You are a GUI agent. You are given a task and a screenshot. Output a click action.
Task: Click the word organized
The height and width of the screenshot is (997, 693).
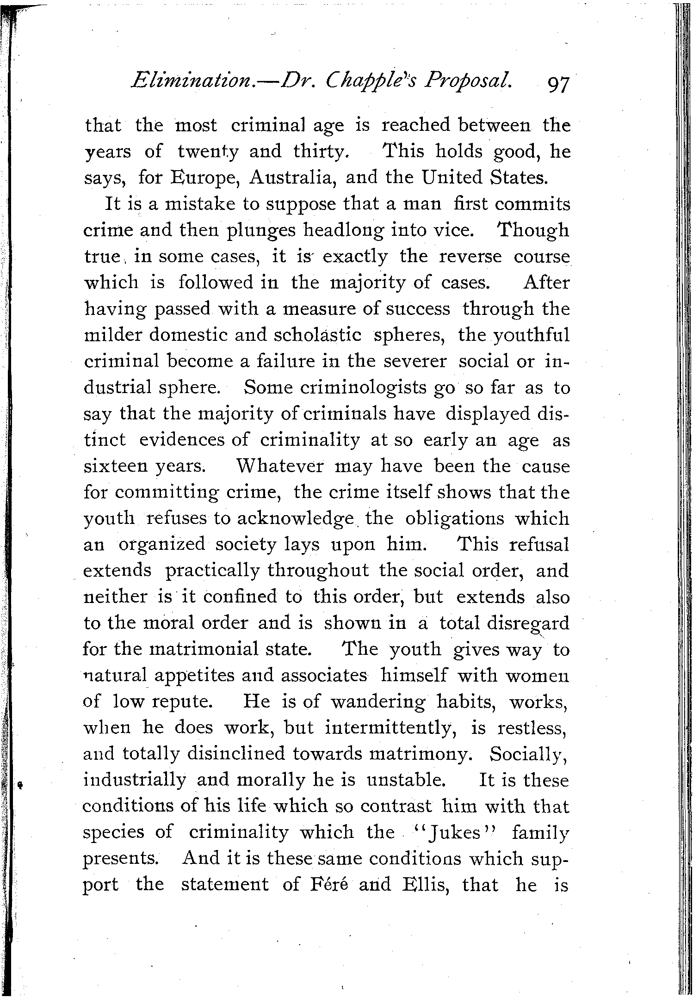tap(161, 545)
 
